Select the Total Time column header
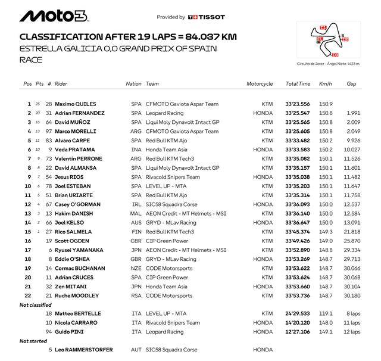[298, 84]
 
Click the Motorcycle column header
[260, 84]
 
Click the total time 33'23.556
[298, 104]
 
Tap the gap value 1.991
[353, 113]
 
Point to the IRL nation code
[136, 204]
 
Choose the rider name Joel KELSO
[68, 222]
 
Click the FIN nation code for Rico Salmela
[136, 232]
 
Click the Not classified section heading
[36, 304]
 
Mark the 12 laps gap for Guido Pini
[352, 332]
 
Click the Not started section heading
[33, 341]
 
